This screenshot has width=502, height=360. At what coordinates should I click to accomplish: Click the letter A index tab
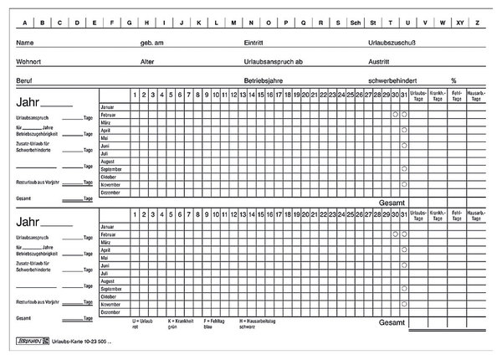(26, 23)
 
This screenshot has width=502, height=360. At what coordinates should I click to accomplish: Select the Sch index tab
(356, 23)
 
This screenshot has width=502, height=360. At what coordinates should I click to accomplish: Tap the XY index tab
(458, 23)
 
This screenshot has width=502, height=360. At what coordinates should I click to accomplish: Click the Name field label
(25, 42)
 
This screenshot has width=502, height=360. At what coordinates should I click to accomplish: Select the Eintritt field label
(255, 42)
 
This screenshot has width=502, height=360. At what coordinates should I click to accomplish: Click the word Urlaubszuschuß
(392, 42)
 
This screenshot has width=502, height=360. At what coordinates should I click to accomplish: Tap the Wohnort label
(29, 61)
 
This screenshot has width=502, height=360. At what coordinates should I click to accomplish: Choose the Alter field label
(148, 61)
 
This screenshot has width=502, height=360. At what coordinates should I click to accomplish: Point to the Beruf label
(24, 80)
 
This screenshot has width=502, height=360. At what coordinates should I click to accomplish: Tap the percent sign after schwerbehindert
(453, 80)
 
